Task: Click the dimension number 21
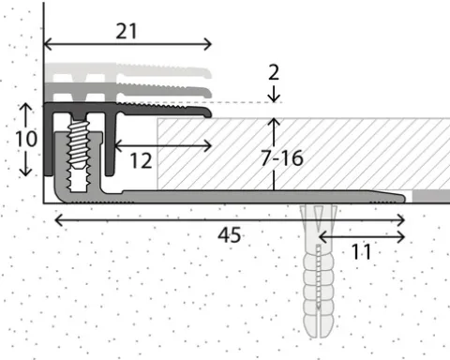tap(127, 31)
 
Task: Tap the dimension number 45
tap(229, 235)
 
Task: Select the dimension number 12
tap(141, 160)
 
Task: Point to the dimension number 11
tap(361, 251)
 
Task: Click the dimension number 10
tap(26, 139)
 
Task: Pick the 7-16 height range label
tap(282, 157)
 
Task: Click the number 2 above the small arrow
tap(274, 72)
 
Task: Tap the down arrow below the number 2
tap(274, 94)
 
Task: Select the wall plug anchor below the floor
tap(319, 271)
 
